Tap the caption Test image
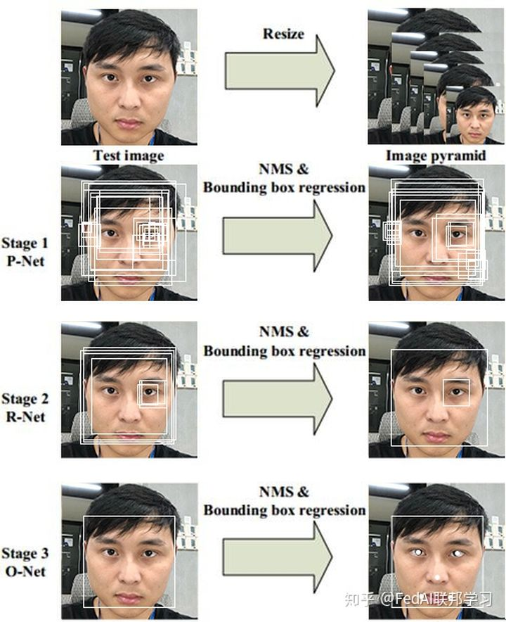[x=128, y=155]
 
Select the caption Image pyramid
[x=435, y=155]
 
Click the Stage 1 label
[x=25, y=244]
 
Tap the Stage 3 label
[x=25, y=554]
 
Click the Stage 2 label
[x=25, y=399]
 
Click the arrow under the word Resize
[x=279, y=72]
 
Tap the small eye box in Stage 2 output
[x=456, y=393]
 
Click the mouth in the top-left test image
[x=129, y=124]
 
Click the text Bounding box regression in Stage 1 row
[x=284, y=188]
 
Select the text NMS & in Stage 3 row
[x=284, y=492]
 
